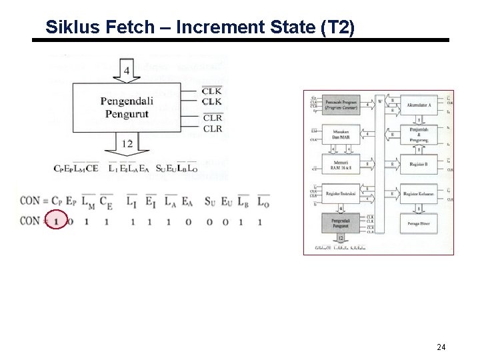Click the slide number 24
[x=441, y=347]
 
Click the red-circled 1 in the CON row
[x=56, y=221]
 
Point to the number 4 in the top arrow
[x=127, y=69]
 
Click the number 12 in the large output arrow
[x=127, y=143]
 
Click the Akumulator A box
[x=419, y=104]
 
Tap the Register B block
[x=419, y=163]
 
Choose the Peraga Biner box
[x=419, y=223]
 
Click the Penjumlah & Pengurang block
[x=419, y=134]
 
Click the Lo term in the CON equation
[x=263, y=201]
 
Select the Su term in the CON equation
[x=210, y=201]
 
